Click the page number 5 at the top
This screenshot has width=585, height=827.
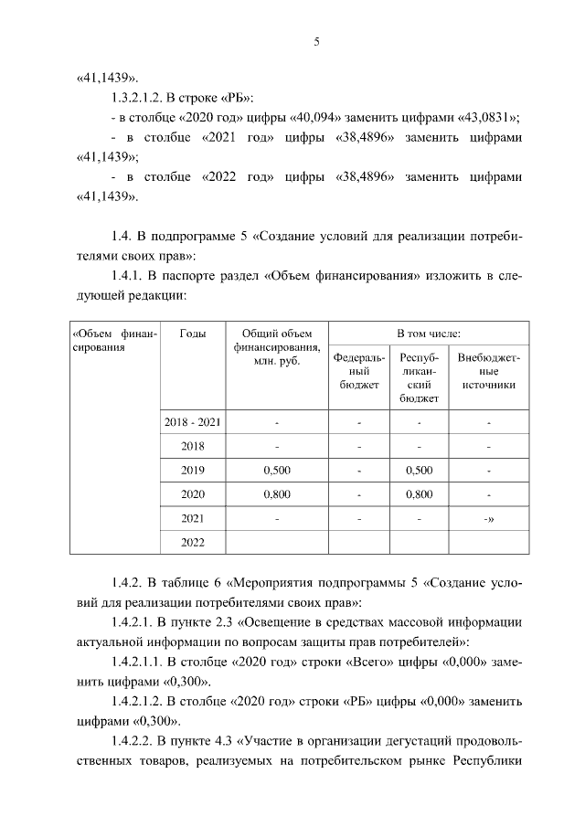click(315, 41)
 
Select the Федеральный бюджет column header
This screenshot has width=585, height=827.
click(359, 372)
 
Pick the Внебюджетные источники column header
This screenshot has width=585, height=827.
click(489, 372)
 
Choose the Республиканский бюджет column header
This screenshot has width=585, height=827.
click(420, 378)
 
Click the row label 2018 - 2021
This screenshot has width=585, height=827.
click(193, 423)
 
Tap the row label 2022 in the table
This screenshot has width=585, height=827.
click(193, 542)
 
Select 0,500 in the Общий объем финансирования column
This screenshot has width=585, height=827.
click(276, 471)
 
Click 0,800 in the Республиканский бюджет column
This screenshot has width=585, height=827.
click(419, 494)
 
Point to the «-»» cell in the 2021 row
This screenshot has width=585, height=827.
click(489, 518)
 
